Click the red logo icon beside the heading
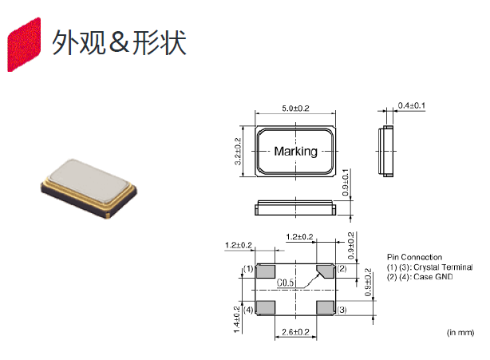(x=24, y=45)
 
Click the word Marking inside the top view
(x=295, y=151)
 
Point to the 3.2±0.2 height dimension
(x=238, y=152)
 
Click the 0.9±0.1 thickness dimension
(x=346, y=185)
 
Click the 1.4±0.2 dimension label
(x=238, y=316)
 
